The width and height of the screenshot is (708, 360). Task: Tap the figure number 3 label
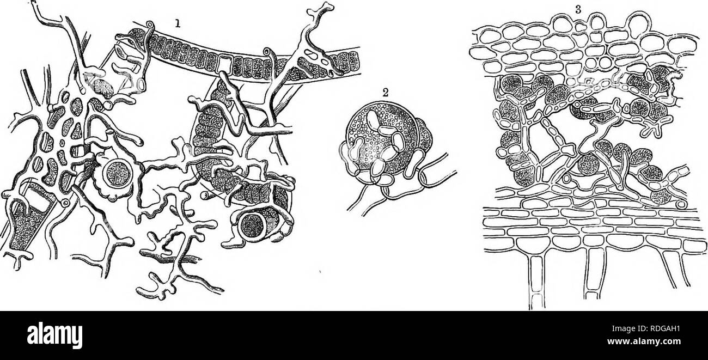[x=584, y=8]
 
